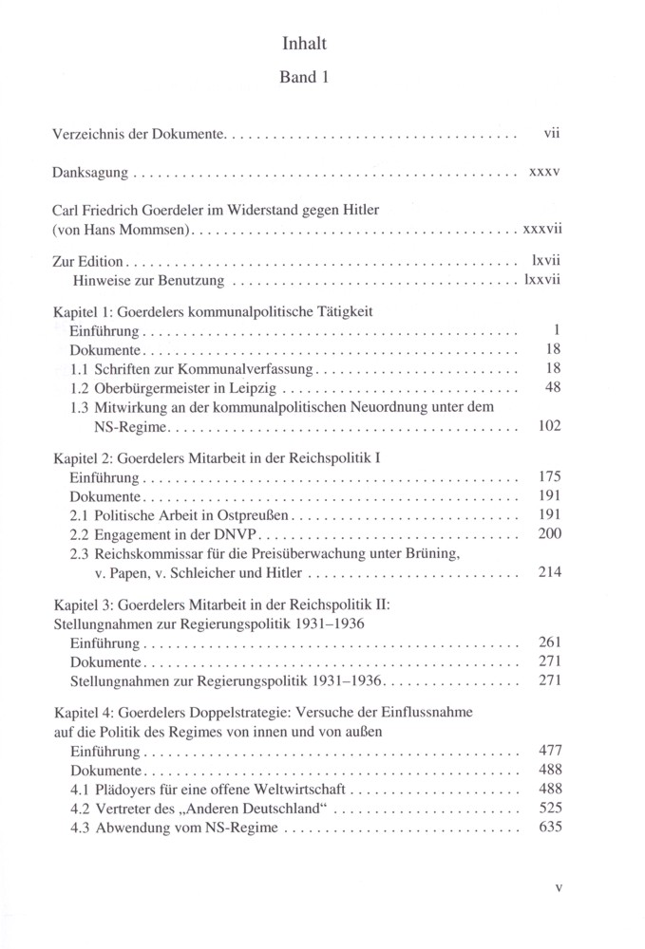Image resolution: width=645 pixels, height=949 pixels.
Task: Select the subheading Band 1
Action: pos(305,81)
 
